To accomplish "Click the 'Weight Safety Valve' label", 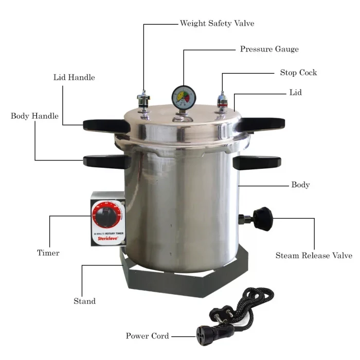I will coord(217,23).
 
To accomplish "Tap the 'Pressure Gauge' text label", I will coord(269,49).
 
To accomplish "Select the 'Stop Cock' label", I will coord(298,73).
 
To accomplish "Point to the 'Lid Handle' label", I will coord(74,78).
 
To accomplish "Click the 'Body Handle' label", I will coord(34,116).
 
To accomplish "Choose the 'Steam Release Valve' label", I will coord(314,256).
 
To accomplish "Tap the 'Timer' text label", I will coord(48,253).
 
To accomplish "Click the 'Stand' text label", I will coord(84,301).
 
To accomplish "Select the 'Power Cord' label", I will coord(147,336).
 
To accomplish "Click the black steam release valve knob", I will coord(264,218).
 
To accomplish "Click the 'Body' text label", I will coord(300,185).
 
